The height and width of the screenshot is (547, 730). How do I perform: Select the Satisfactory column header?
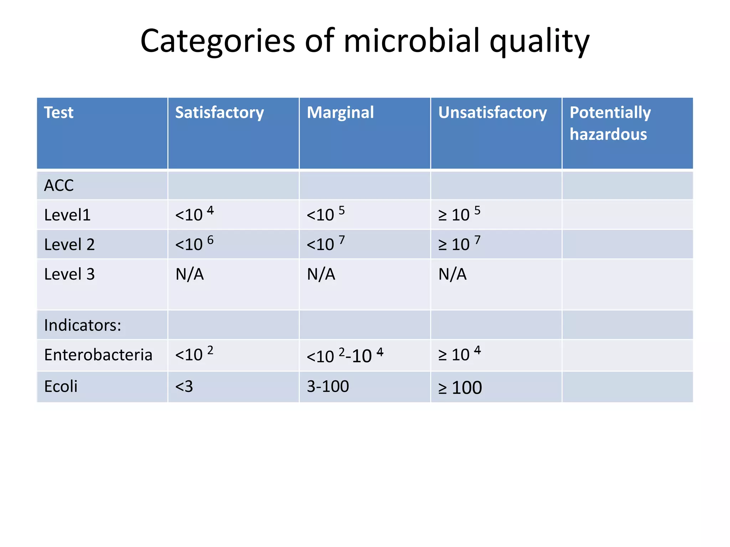[219, 113]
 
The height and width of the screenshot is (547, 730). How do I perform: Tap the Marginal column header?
[340, 113]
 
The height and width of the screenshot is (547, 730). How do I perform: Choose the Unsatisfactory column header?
[492, 113]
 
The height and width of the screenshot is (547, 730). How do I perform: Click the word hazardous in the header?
[608, 135]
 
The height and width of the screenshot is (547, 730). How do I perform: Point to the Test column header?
[58, 113]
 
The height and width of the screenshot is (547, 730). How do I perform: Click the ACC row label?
[59, 186]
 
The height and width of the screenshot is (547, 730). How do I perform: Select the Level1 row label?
[67, 215]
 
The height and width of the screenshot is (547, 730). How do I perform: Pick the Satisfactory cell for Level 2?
[194, 244]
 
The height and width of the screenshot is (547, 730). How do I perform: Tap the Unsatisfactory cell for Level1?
[459, 214]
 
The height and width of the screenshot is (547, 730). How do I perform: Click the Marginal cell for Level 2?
[325, 244]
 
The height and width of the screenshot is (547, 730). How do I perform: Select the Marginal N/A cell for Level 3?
[321, 275]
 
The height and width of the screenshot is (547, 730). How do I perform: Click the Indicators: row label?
[83, 325]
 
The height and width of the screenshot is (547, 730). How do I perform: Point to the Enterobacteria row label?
[98, 355]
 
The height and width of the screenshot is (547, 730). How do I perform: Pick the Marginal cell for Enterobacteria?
[345, 355]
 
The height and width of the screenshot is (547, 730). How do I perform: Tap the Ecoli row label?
[61, 386]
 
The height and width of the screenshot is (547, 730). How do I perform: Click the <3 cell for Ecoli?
[184, 386]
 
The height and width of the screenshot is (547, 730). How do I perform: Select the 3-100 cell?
[328, 386]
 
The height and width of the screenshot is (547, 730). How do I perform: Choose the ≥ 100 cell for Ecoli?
[460, 387]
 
